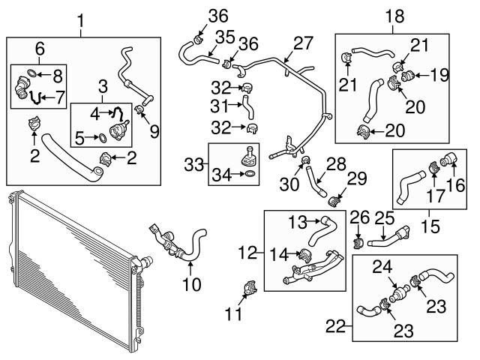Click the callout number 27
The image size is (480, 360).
point(303,43)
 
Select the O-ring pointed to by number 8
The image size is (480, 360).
point(31,73)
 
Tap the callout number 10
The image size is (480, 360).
point(192,283)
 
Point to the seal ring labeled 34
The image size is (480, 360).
point(250,174)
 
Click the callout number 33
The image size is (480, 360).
point(193,165)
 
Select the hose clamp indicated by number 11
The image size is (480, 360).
point(250,287)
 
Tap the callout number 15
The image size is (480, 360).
point(430,226)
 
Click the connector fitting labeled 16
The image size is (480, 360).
point(450,159)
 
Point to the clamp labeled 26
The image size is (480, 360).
point(358,243)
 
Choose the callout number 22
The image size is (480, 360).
point(335,326)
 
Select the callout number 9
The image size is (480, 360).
point(154,132)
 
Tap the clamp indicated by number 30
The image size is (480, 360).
point(305,160)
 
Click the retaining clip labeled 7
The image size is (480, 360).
point(35,97)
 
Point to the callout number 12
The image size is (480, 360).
point(247,253)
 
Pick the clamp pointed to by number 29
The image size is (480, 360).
point(334,201)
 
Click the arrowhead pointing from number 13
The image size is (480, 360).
point(318,220)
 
